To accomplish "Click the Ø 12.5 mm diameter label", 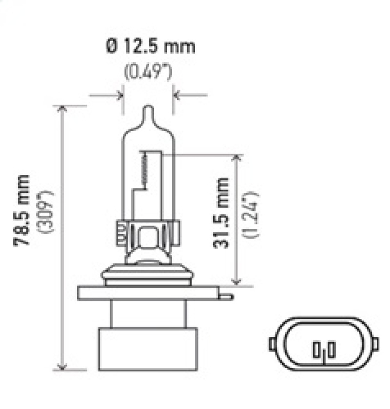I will [x=150, y=47].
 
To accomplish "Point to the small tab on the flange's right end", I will [x=227, y=295].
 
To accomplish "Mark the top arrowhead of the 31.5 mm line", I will [x=237, y=159].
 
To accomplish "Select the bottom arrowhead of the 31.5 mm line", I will [x=237, y=281].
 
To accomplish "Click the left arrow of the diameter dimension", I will [x=119, y=94].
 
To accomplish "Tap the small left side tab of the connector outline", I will [x=271, y=343].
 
